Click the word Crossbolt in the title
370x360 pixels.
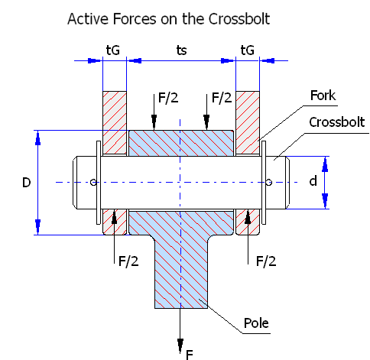pos(239,19)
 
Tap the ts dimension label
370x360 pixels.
pos(181,50)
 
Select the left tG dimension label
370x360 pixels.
pos(113,50)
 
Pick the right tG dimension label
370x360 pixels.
pos(248,50)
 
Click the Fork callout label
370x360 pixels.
pos(323,96)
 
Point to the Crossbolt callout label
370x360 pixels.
pos(337,122)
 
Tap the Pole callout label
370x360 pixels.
pos(256,323)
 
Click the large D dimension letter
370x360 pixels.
pos(27,183)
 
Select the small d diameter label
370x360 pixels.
pos(313,181)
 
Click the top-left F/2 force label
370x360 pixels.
pos(168,98)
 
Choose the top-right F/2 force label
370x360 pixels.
pos(222,98)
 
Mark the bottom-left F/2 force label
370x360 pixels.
pos(128,261)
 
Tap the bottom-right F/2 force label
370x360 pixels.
pos(266,261)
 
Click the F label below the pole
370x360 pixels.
pos(190,355)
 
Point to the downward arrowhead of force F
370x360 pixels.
pos(180,346)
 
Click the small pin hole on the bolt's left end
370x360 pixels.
pos(93,182)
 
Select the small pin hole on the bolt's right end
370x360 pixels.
pos(269,182)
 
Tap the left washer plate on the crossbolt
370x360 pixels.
pos(99,183)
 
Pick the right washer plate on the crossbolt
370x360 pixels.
pos(264,183)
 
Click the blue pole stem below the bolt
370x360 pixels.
pos(181,273)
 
